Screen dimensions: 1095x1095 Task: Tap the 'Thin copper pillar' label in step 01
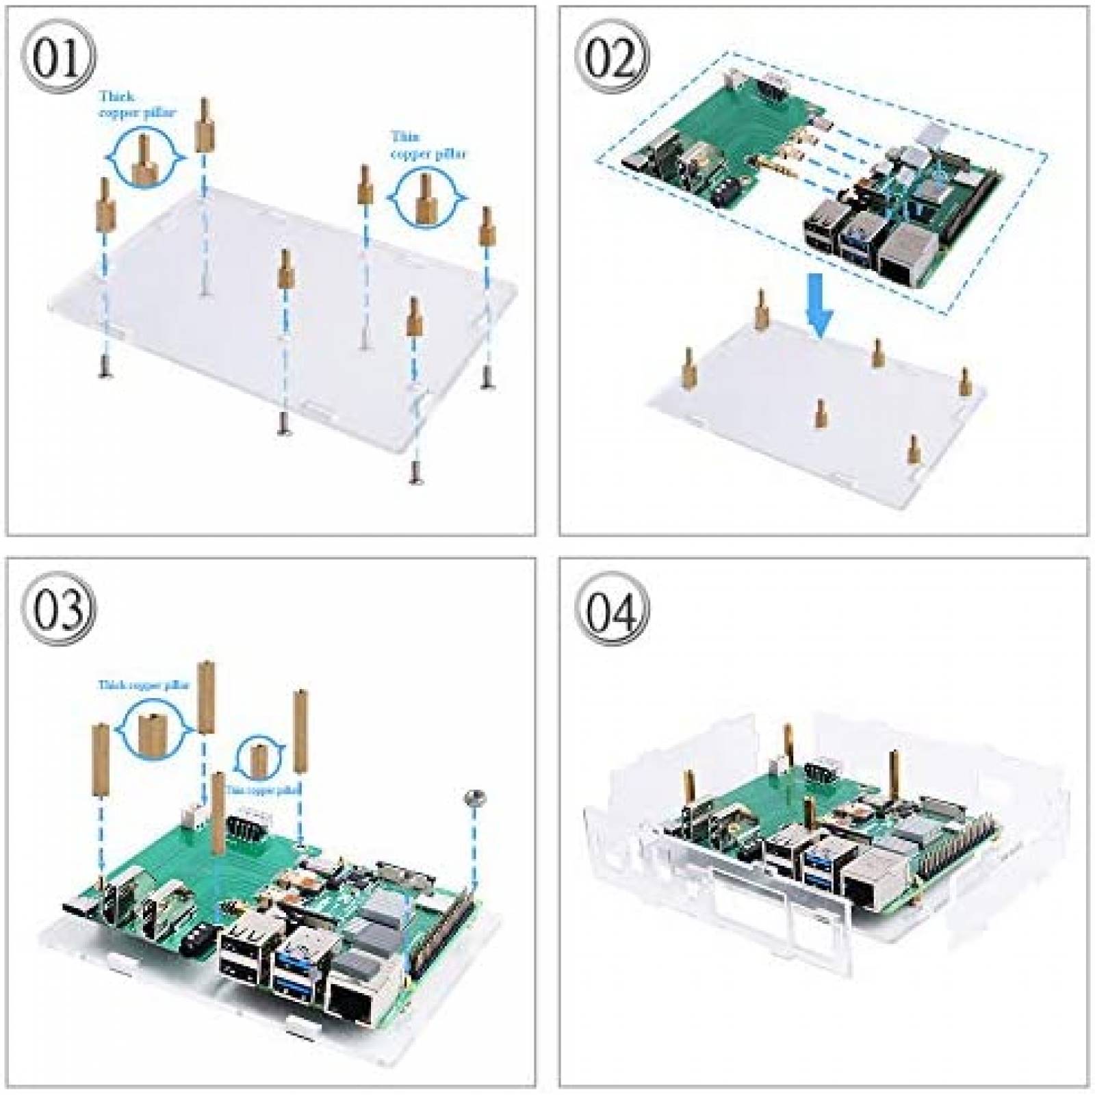427,146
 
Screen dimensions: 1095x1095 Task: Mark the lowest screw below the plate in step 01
414,472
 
